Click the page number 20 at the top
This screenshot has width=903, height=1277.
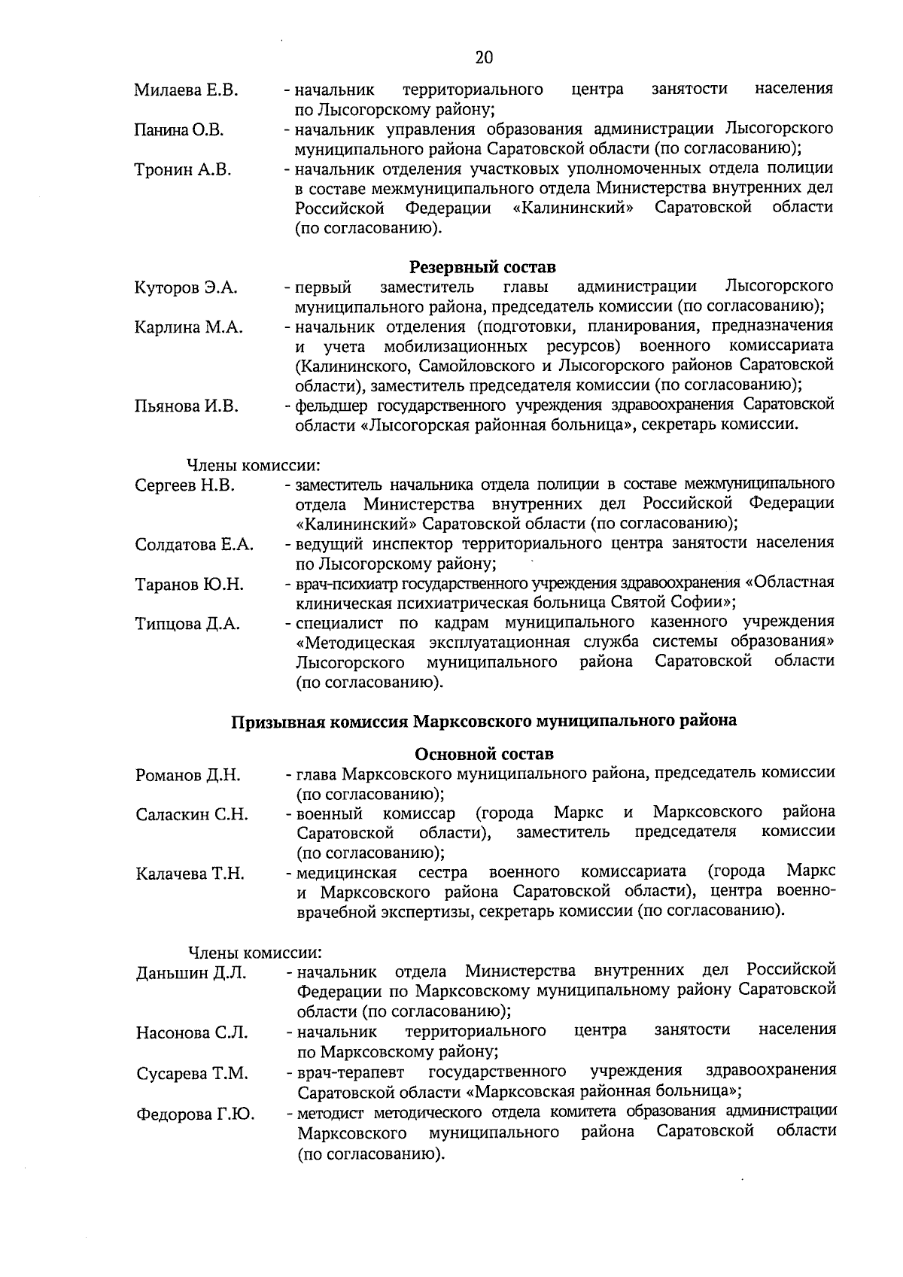[x=484, y=58]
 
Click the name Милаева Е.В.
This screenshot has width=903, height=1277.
[x=186, y=91]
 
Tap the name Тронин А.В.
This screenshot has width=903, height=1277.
[x=183, y=170]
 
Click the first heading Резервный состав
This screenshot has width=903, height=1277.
[x=482, y=267]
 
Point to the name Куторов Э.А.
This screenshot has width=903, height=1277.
[x=186, y=288]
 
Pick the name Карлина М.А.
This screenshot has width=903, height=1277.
[x=189, y=327]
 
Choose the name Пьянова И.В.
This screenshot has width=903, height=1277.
[x=187, y=407]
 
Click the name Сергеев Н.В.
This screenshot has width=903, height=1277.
[x=185, y=486]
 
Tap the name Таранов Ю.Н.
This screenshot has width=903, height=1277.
[x=189, y=584]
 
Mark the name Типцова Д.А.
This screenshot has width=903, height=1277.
[x=187, y=624]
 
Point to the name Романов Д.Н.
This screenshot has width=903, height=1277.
[x=188, y=775]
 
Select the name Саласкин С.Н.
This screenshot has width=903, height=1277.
[x=192, y=815]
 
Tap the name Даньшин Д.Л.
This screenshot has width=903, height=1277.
[x=191, y=973]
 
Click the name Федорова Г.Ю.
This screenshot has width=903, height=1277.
[x=195, y=1114]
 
